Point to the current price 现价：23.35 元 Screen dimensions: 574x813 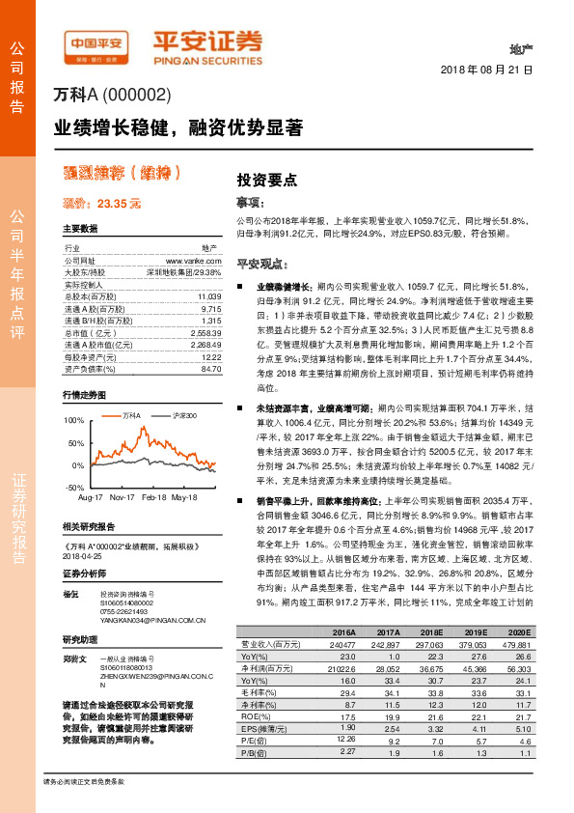point(101,204)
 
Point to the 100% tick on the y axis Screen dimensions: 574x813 point(74,421)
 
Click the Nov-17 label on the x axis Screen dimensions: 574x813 point(121,497)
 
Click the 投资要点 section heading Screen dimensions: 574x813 point(267,181)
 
